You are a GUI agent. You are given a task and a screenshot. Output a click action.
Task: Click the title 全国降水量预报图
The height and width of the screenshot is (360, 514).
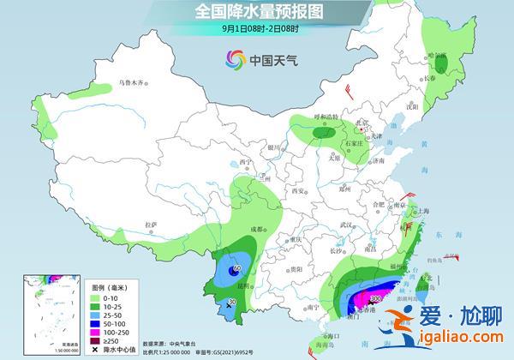[258, 11]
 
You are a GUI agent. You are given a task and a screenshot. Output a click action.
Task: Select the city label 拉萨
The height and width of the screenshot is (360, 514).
[152, 225]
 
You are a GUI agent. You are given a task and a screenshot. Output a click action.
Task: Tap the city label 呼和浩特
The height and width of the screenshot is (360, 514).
[326, 117]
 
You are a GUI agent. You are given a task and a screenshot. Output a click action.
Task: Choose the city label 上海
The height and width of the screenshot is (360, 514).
[421, 210]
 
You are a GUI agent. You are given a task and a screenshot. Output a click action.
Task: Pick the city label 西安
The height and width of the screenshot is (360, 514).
[298, 190]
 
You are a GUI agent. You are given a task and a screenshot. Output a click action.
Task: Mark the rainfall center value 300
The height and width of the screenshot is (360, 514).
[374, 298]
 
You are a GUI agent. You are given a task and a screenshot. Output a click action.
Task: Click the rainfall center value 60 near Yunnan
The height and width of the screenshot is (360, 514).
[236, 270]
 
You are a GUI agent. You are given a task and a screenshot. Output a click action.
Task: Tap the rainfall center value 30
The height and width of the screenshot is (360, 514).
[230, 303]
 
